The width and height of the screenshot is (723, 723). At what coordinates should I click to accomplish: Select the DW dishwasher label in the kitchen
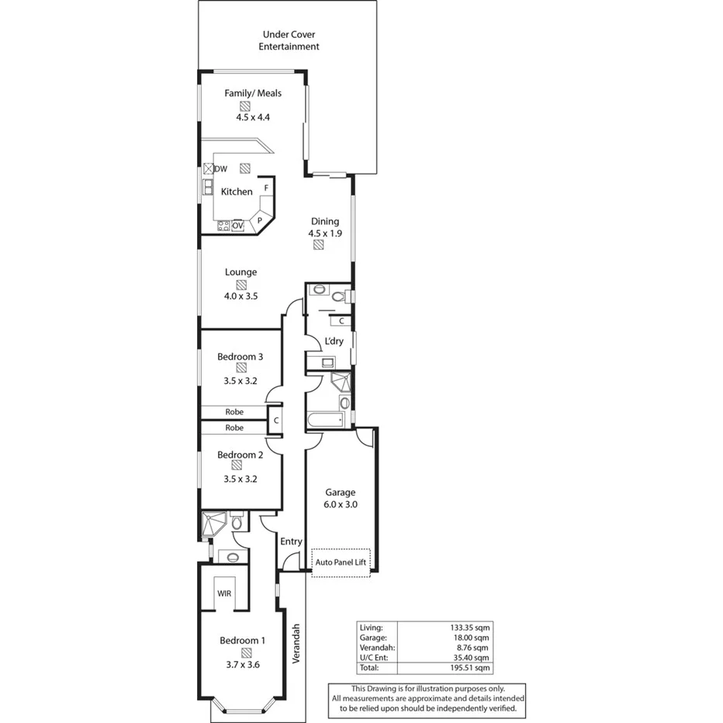[x=221, y=169]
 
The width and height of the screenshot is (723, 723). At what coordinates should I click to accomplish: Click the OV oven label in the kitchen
[x=238, y=226]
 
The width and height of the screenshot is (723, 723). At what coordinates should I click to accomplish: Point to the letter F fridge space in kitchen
[x=266, y=188]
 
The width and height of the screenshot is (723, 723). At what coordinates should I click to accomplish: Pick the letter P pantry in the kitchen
[x=261, y=220]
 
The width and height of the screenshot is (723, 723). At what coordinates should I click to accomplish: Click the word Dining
[x=325, y=221]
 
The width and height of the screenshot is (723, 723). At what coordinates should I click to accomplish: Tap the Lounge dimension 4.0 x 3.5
[x=240, y=296]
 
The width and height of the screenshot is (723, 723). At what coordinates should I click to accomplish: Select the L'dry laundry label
[x=334, y=341]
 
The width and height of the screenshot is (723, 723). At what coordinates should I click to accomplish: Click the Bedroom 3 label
[x=240, y=357]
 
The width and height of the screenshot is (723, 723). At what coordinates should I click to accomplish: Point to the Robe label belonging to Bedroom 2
[x=234, y=427]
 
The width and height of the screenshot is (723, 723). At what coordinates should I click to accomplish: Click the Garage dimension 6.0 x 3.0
[x=340, y=504]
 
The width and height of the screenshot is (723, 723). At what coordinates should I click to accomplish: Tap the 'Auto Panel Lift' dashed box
[x=341, y=562]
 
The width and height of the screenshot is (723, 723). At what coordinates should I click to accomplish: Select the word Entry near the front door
[x=291, y=541]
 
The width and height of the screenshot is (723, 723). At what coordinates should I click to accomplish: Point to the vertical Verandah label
[x=296, y=644]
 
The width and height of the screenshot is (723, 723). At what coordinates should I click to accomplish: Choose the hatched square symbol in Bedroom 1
[x=246, y=652]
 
